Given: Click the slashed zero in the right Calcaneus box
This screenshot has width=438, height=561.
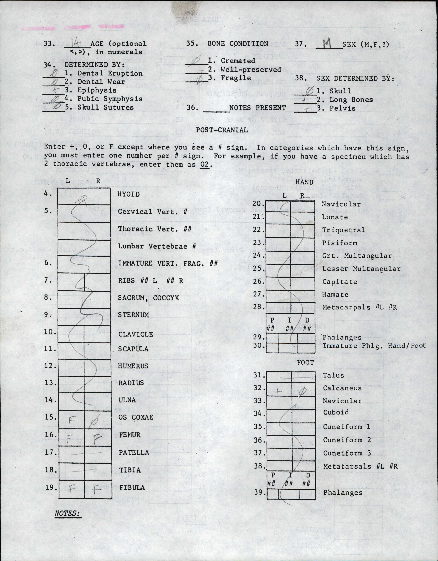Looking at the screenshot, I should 302,391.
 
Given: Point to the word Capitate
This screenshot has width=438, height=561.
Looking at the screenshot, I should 340,282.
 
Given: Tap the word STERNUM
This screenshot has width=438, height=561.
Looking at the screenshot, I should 133,315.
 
